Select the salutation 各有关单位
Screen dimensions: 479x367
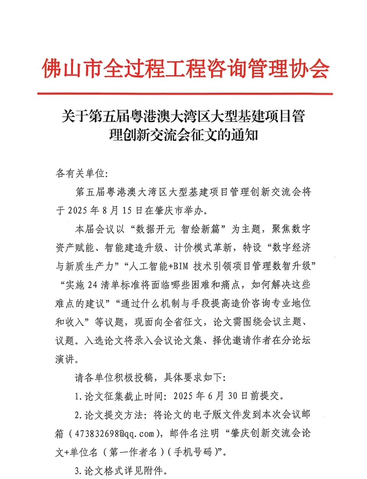(78, 174)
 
